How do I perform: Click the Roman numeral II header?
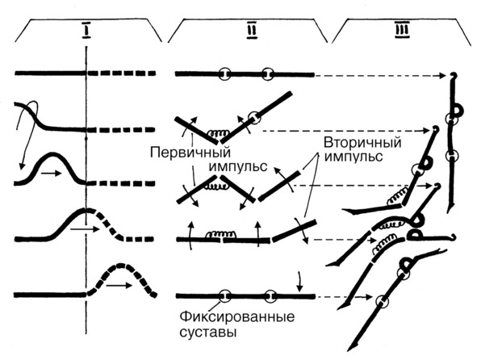click(252, 31)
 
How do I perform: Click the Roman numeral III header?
click(403, 31)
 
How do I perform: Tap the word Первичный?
click(190, 153)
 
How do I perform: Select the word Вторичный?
click(362, 142)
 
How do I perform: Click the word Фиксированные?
click(237, 317)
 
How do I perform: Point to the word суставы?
click(208, 332)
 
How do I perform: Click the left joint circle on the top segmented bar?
click(224, 74)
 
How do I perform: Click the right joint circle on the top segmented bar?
click(268, 74)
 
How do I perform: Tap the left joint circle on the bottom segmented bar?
click(225, 295)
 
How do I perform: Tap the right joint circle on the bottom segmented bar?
click(270, 296)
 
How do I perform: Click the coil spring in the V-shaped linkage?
click(218, 133)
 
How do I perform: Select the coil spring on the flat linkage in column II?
click(221, 234)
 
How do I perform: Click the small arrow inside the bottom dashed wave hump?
click(119, 286)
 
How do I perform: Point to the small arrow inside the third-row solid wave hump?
click(52, 174)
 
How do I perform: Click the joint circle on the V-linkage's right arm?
click(254, 117)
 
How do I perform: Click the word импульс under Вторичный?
click(353, 157)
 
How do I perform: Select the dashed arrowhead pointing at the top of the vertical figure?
click(442, 76)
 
